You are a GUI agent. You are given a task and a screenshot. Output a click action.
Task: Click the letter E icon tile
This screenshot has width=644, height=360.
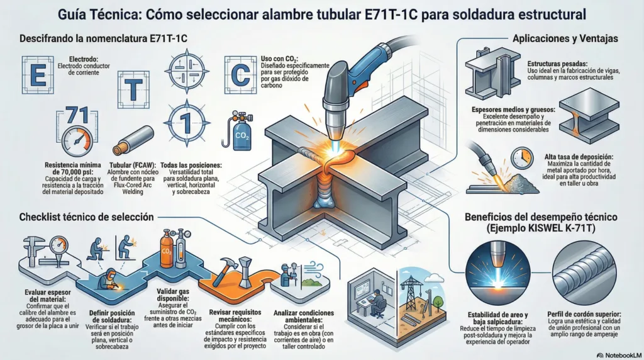click(x=38, y=75)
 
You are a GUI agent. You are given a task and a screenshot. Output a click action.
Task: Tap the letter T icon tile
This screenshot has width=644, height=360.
click(x=133, y=89)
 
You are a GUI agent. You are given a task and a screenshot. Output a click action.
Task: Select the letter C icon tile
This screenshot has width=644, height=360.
click(x=241, y=75)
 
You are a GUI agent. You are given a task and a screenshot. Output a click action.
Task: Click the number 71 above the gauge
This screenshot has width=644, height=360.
click(x=77, y=115)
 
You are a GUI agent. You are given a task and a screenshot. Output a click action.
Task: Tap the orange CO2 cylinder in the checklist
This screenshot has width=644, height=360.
click(x=167, y=249)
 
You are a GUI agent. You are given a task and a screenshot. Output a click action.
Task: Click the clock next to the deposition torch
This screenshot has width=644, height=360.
click(x=522, y=159)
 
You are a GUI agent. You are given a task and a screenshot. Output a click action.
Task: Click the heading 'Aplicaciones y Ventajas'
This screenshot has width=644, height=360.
click(x=565, y=38)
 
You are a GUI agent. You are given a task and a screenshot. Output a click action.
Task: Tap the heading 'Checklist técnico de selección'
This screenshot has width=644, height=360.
click(x=86, y=217)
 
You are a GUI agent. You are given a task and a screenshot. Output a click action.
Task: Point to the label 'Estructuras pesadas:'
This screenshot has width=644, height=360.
click(x=557, y=64)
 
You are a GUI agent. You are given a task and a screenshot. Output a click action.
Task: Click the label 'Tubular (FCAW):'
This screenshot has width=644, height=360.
click(x=133, y=165)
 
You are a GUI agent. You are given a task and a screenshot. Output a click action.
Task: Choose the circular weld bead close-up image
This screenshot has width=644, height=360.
click(x=584, y=273)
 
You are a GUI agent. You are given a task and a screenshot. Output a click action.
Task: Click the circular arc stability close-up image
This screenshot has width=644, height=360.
click(x=497, y=273)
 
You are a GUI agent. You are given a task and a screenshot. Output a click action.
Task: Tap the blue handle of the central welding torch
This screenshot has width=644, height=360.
click(x=371, y=62)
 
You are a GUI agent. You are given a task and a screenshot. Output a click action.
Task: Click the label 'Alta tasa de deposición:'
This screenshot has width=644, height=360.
click(x=579, y=157)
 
